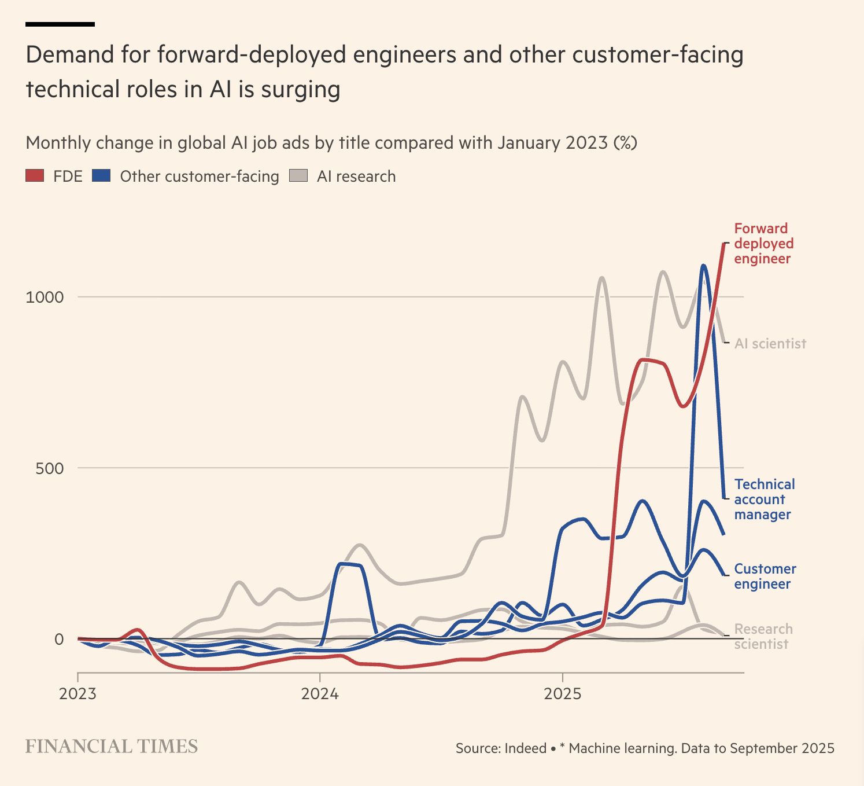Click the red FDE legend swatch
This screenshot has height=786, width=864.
point(35,175)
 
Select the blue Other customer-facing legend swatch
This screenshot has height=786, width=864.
point(101,175)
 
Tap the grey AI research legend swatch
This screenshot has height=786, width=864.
point(298,175)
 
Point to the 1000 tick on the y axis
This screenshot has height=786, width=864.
point(45,297)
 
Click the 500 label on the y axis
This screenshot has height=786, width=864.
point(49,468)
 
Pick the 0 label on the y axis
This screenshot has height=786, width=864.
point(59,639)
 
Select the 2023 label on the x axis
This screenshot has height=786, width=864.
point(77,693)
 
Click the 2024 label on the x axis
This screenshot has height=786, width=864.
point(320,693)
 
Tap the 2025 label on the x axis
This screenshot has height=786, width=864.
point(562,693)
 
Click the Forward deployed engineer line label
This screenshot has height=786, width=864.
point(763,244)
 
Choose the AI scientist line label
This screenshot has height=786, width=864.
point(770,344)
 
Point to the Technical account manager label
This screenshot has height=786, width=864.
point(764,499)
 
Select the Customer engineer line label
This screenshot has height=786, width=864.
point(765,576)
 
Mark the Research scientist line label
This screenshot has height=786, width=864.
point(763,637)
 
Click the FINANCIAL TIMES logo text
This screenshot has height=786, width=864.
point(112,747)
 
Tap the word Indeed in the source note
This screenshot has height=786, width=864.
point(525,748)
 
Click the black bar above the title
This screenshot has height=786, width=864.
point(60,24)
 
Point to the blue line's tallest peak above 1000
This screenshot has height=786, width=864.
point(703,266)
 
